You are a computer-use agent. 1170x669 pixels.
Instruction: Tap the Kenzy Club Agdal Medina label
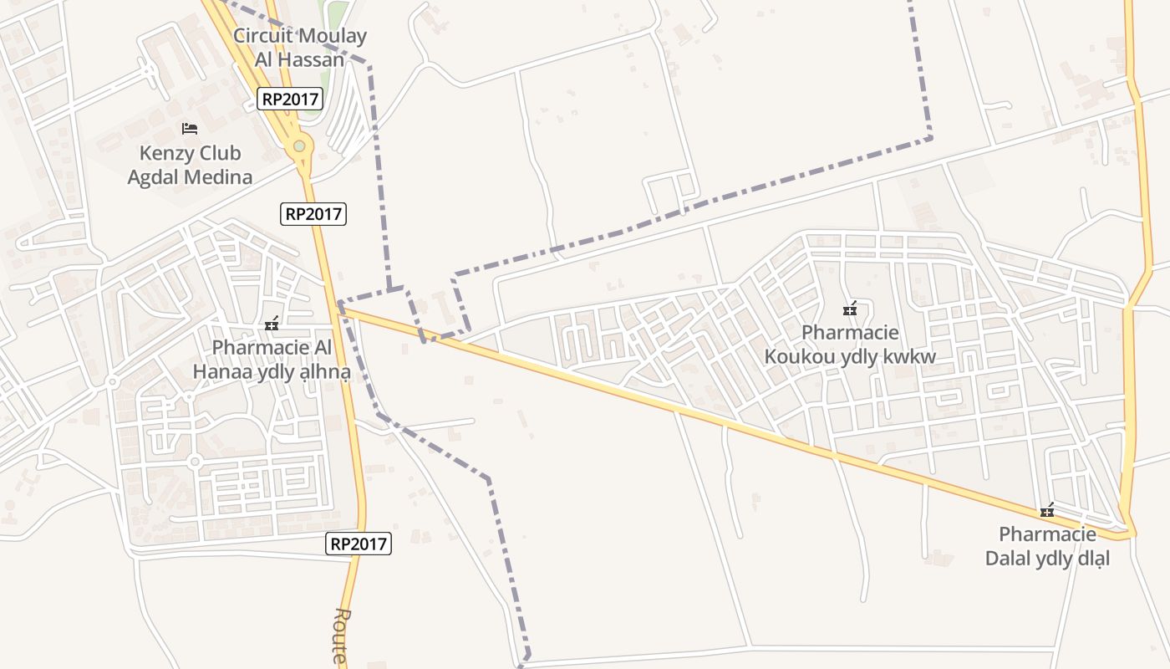(x=190, y=165)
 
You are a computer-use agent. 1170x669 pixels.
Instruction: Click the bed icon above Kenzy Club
(x=190, y=129)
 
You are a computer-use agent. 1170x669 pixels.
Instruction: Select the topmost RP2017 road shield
(x=290, y=99)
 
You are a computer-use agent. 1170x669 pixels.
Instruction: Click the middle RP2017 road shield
(x=313, y=213)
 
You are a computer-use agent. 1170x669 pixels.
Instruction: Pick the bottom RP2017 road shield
(x=359, y=544)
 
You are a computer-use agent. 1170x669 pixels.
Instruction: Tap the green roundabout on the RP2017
(x=298, y=147)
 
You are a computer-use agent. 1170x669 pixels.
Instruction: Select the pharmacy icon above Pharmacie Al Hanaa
(x=271, y=324)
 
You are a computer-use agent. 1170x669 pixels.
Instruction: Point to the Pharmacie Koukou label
(x=850, y=345)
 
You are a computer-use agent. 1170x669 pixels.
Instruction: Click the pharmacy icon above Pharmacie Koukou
(x=850, y=310)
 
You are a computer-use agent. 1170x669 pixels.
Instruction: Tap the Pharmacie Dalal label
(x=1047, y=546)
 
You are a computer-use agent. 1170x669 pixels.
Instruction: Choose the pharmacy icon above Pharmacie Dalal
(x=1046, y=511)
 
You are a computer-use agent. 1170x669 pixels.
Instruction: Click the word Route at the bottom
(x=340, y=636)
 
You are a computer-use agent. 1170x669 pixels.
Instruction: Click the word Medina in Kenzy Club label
(x=221, y=176)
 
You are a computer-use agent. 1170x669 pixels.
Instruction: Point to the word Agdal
(x=155, y=176)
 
